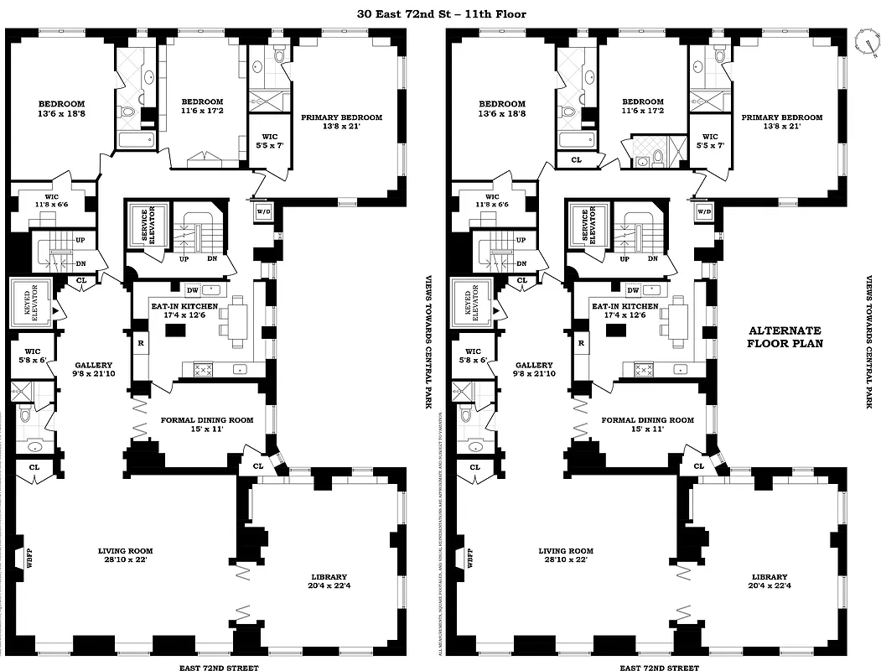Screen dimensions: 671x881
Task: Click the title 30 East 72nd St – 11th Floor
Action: [440, 14]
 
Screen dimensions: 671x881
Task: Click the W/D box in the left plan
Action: [263, 211]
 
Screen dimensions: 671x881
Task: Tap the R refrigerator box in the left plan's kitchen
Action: [139, 342]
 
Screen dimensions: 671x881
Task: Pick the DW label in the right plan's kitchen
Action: [633, 290]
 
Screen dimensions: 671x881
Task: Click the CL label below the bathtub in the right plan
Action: [576, 159]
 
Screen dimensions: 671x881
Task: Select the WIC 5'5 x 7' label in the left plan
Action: [269, 141]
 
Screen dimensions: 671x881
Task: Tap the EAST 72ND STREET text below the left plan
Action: [219, 668]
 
